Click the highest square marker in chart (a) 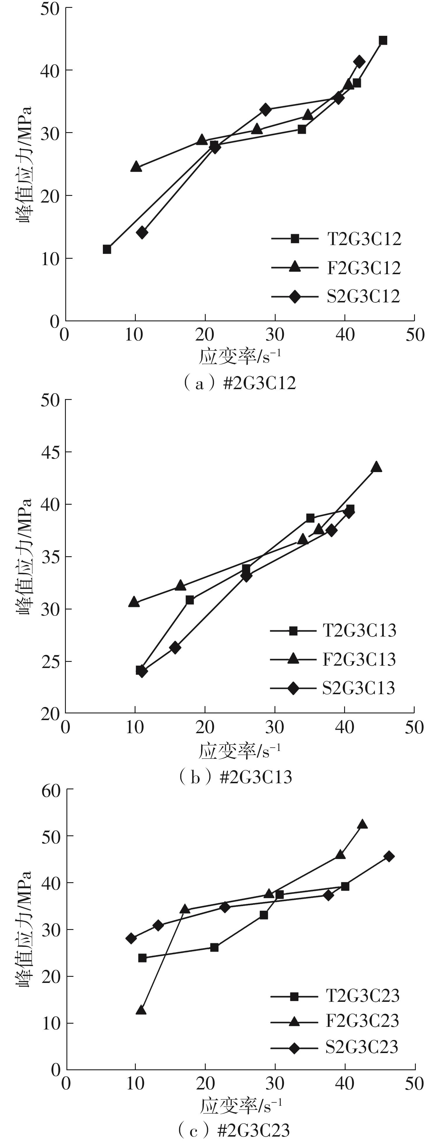383,40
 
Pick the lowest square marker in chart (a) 107,249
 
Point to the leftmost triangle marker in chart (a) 136,167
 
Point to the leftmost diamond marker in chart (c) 131,938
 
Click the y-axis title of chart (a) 25,164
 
